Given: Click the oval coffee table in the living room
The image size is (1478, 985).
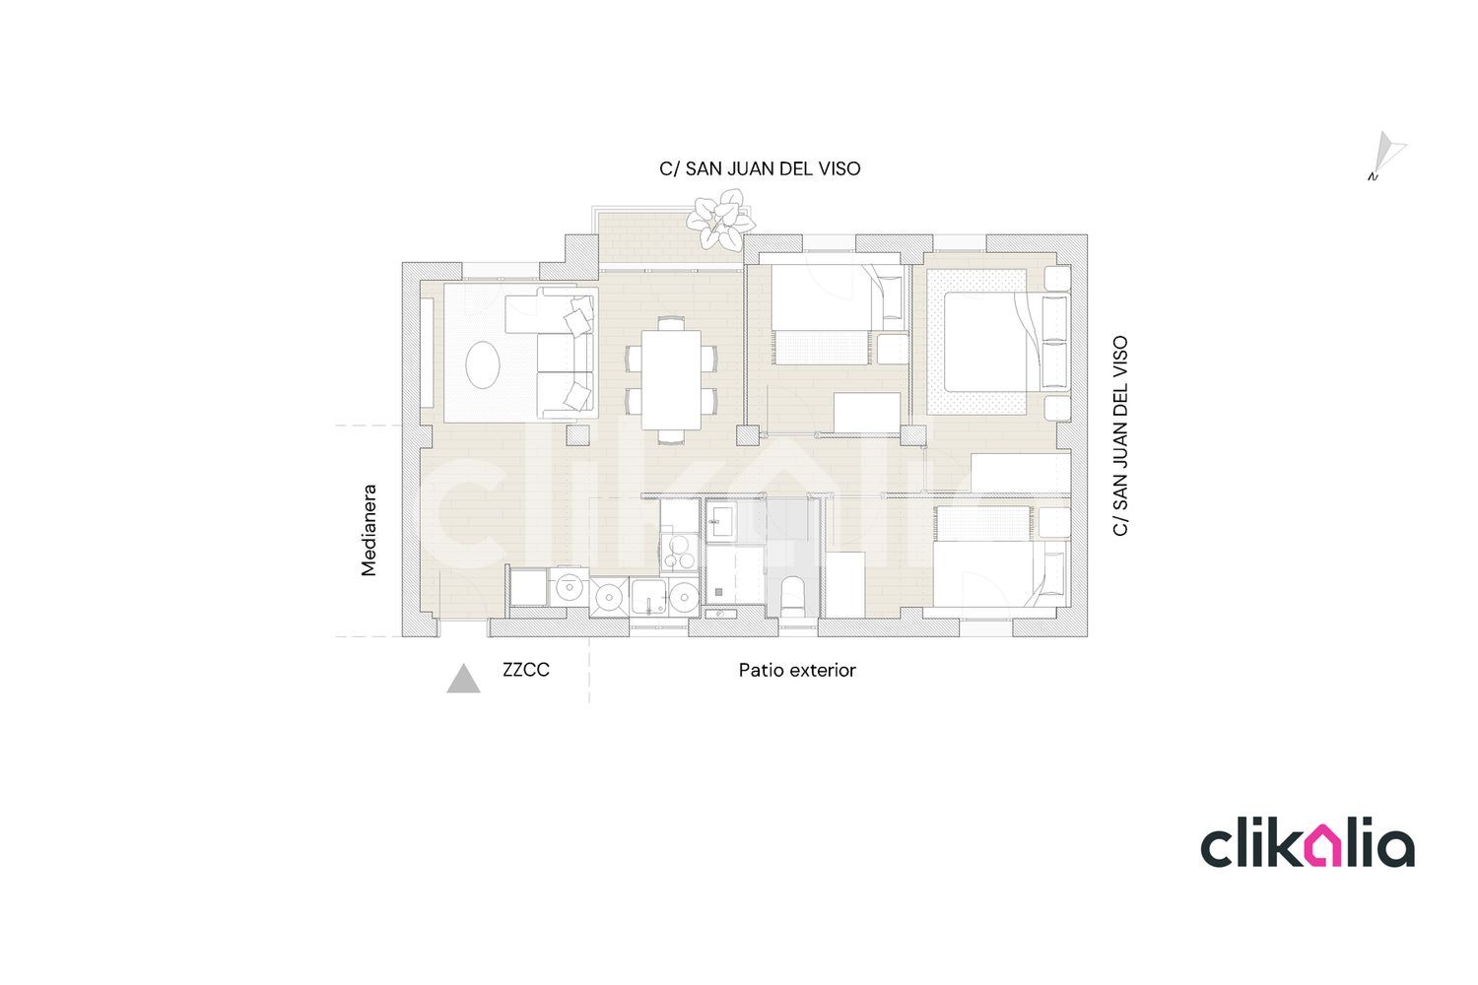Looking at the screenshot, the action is pyautogui.click(x=483, y=364).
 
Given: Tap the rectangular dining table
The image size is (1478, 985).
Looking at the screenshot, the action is pyautogui.click(x=671, y=379).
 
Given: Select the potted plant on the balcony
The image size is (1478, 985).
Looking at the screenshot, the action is pyautogui.click(x=720, y=219).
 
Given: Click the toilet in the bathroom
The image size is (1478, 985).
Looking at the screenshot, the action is pyautogui.click(x=792, y=596).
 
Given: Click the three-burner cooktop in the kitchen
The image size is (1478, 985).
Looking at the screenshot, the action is pyautogui.click(x=680, y=553).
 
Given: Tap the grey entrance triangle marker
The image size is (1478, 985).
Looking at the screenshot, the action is pyautogui.click(x=463, y=679).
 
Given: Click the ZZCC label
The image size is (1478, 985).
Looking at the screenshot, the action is pyautogui.click(x=526, y=670).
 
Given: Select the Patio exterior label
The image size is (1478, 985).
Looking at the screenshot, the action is pyautogui.click(x=797, y=671).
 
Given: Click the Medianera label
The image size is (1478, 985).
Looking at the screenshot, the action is pyautogui.click(x=369, y=531).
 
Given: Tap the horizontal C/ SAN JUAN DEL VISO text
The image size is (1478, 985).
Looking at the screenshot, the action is pyautogui.click(x=760, y=168).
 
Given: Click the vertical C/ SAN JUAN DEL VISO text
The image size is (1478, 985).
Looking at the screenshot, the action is pyautogui.click(x=1120, y=436).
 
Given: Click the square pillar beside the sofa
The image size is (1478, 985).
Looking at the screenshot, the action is pyautogui.click(x=578, y=435).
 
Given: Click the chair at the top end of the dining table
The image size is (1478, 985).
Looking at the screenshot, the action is pyautogui.click(x=671, y=323).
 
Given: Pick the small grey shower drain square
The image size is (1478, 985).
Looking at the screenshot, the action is pyautogui.click(x=718, y=592).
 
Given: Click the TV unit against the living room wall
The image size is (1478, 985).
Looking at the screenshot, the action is pyautogui.click(x=427, y=353).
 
